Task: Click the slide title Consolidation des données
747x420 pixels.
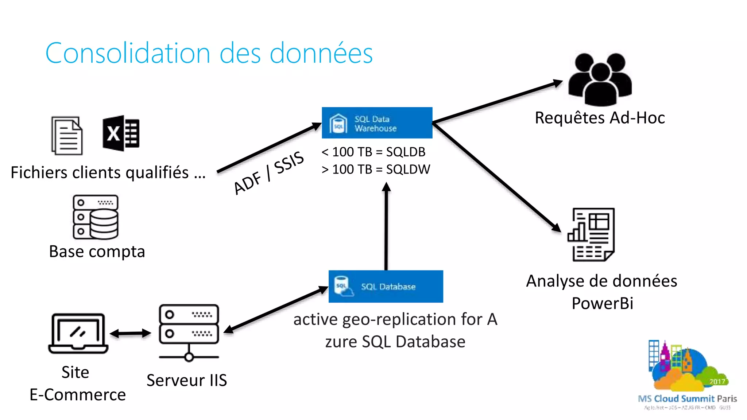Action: pos(209,53)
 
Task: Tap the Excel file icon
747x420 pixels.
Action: pos(121,133)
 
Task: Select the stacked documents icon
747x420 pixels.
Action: pos(67,136)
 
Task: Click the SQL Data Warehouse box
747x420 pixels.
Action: pos(377,123)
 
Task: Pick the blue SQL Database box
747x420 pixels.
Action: pos(386,286)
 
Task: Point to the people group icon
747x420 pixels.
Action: pos(600,79)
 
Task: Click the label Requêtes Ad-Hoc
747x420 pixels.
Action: pos(600,118)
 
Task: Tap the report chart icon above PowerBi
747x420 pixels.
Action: pos(591,234)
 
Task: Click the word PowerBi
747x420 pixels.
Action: pos(602,303)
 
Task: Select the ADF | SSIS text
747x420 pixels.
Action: pos(268,173)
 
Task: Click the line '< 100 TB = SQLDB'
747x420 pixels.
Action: pos(373,152)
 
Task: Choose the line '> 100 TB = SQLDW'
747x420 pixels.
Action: pos(375,169)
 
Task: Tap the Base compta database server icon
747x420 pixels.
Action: pos(96,217)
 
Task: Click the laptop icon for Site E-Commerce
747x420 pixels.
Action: pos(78,333)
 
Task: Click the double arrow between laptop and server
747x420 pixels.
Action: pos(130,333)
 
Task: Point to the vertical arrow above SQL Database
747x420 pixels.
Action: pos(386,226)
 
